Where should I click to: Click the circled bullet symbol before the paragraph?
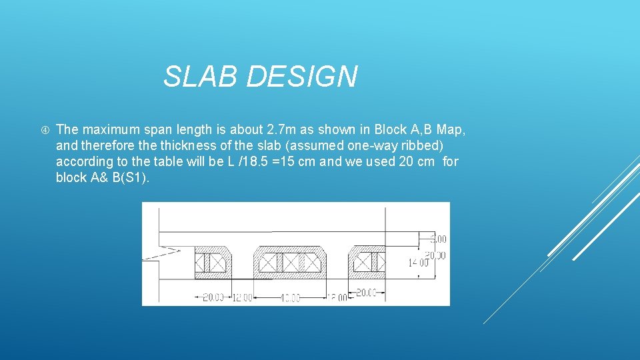[x=41, y=129]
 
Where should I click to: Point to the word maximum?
[x=112, y=129]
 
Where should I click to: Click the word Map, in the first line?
[x=451, y=129]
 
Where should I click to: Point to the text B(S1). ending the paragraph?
[x=129, y=177]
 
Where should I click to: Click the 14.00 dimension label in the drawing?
[x=418, y=263]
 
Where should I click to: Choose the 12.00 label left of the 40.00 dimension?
[x=241, y=297]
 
